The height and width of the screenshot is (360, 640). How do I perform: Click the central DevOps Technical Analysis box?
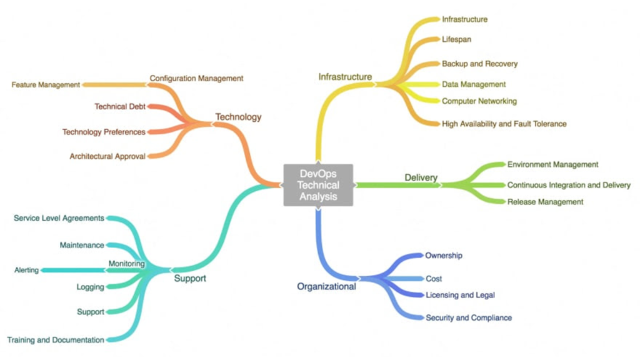(x=318, y=184)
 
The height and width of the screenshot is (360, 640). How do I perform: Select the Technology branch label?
(x=238, y=117)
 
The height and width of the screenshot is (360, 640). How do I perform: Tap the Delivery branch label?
(x=421, y=177)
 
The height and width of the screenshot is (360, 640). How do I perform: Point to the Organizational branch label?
(x=326, y=287)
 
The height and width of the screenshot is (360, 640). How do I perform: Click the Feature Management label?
(x=46, y=84)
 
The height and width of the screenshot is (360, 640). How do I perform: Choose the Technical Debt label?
(x=120, y=107)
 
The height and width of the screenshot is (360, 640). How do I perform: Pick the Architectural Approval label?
(x=107, y=156)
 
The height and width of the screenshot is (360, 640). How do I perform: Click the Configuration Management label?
(x=196, y=78)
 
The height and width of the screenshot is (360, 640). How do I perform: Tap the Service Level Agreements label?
(x=59, y=218)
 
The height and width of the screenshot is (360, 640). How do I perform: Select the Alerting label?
(x=26, y=270)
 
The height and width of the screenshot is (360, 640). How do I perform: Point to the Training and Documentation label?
(x=56, y=340)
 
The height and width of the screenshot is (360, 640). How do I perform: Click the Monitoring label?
(x=126, y=264)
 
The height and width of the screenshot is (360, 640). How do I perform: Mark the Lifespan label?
(x=456, y=39)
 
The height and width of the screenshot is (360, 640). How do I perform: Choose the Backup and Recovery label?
(x=479, y=64)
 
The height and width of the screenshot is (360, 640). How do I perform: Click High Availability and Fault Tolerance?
(x=504, y=124)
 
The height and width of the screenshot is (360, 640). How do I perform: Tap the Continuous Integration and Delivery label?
(x=569, y=185)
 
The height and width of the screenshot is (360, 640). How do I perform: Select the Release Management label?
(x=545, y=202)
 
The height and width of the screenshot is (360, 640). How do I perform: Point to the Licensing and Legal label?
(x=460, y=295)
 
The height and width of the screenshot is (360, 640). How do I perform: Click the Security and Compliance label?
(x=468, y=317)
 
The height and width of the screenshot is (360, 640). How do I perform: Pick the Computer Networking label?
(x=479, y=101)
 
